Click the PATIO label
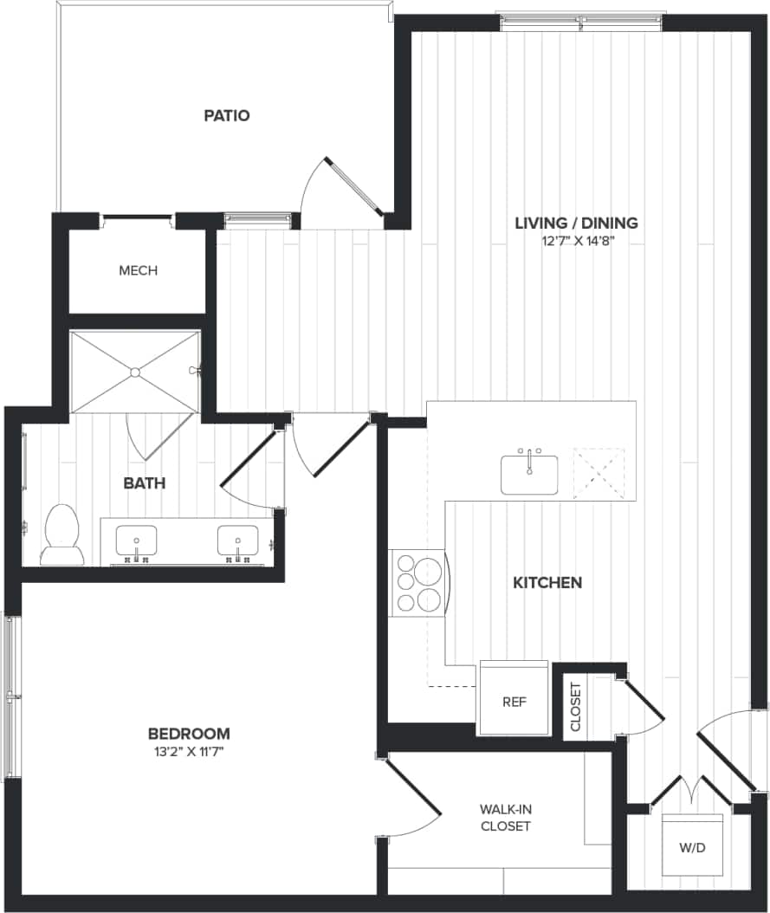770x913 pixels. pos(227,115)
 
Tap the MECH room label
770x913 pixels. pos(138,270)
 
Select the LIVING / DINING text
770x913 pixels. pos(576,223)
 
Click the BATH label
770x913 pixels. pos(144,482)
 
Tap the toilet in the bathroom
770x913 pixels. pos(62,535)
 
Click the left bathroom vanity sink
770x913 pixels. pos(137,541)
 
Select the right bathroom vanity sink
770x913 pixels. pos(237,541)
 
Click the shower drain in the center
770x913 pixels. pos(135,372)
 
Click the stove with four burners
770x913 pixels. pos(419,583)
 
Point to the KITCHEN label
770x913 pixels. pos(547,583)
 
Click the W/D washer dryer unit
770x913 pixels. pos(693,845)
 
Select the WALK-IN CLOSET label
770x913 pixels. pos(505,817)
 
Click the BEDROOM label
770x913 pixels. pos(188,733)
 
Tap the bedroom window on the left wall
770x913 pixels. pos(10,696)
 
